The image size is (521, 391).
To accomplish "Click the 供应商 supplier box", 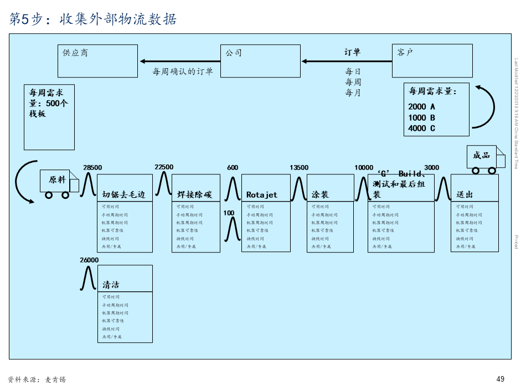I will click(x=97, y=61).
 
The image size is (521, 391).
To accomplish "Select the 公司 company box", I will click(x=260, y=61).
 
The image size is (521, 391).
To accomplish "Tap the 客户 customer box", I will click(x=432, y=61).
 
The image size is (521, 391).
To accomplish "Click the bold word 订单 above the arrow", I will click(x=352, y=52).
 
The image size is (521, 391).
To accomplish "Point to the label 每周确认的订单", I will click(x=183, y=71).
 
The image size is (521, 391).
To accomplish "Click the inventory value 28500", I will click(x=92, y=168).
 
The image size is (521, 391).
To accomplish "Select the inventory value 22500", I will click(x=164, y=167).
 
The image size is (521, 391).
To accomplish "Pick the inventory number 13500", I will click(x=299, y=168).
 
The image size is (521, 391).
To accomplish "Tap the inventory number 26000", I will click(x=89, y=260).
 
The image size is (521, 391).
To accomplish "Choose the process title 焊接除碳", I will click(x=194, y=195).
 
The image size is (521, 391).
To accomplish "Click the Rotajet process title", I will click(x=262, y=195).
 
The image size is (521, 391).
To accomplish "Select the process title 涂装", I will click(x=320, y=195).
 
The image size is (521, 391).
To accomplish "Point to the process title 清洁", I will click(x=111, y=285).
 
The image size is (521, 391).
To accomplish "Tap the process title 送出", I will click(x=464, y=195).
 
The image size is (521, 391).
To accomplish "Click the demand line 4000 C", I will click(x=422, y=128).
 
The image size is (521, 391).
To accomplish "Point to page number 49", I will click(x=501, y=379).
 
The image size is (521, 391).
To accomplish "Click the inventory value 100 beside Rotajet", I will click(x=229, y=213).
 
